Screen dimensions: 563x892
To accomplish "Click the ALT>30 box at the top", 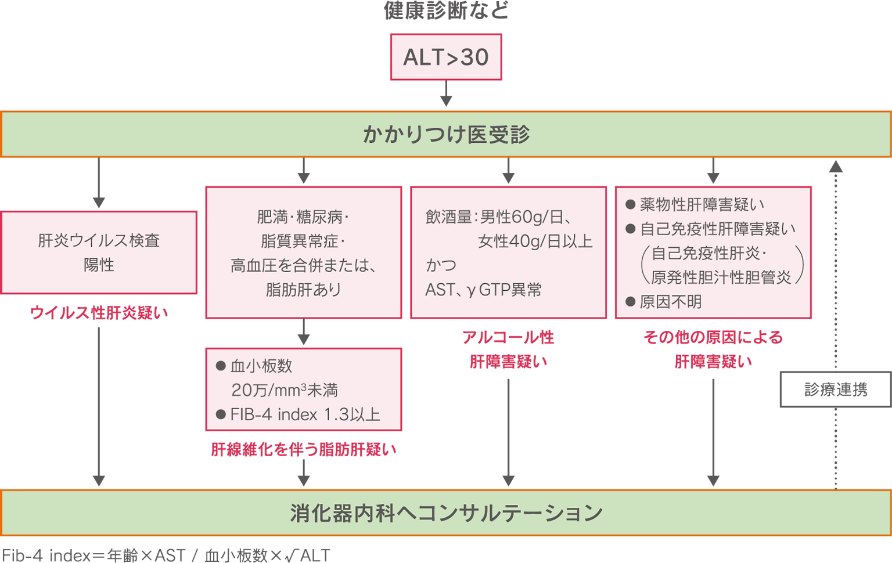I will point(446,57).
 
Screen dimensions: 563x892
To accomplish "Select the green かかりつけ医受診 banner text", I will point(446,135).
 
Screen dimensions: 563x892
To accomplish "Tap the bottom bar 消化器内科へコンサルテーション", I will point(446,513).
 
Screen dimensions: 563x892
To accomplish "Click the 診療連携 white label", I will point(836,389).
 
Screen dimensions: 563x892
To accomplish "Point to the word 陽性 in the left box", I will point(99,265).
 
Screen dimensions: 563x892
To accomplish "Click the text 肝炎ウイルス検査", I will point(99,240).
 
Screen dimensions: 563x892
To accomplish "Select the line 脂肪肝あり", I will point(303,290).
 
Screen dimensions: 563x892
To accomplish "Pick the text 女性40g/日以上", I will point(535,241).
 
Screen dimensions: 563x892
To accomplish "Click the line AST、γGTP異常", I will point(483,290).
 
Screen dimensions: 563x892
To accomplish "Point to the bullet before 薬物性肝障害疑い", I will point(630,204).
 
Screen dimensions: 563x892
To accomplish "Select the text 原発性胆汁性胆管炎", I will point(721,277).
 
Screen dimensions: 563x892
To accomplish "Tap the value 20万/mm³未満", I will point(284,390).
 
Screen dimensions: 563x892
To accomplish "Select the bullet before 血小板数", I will point(221,366).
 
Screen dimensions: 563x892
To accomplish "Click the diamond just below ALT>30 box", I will point(446,94).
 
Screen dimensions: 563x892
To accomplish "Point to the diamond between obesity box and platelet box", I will point(303,333).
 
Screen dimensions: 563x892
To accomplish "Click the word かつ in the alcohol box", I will point(441,265).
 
